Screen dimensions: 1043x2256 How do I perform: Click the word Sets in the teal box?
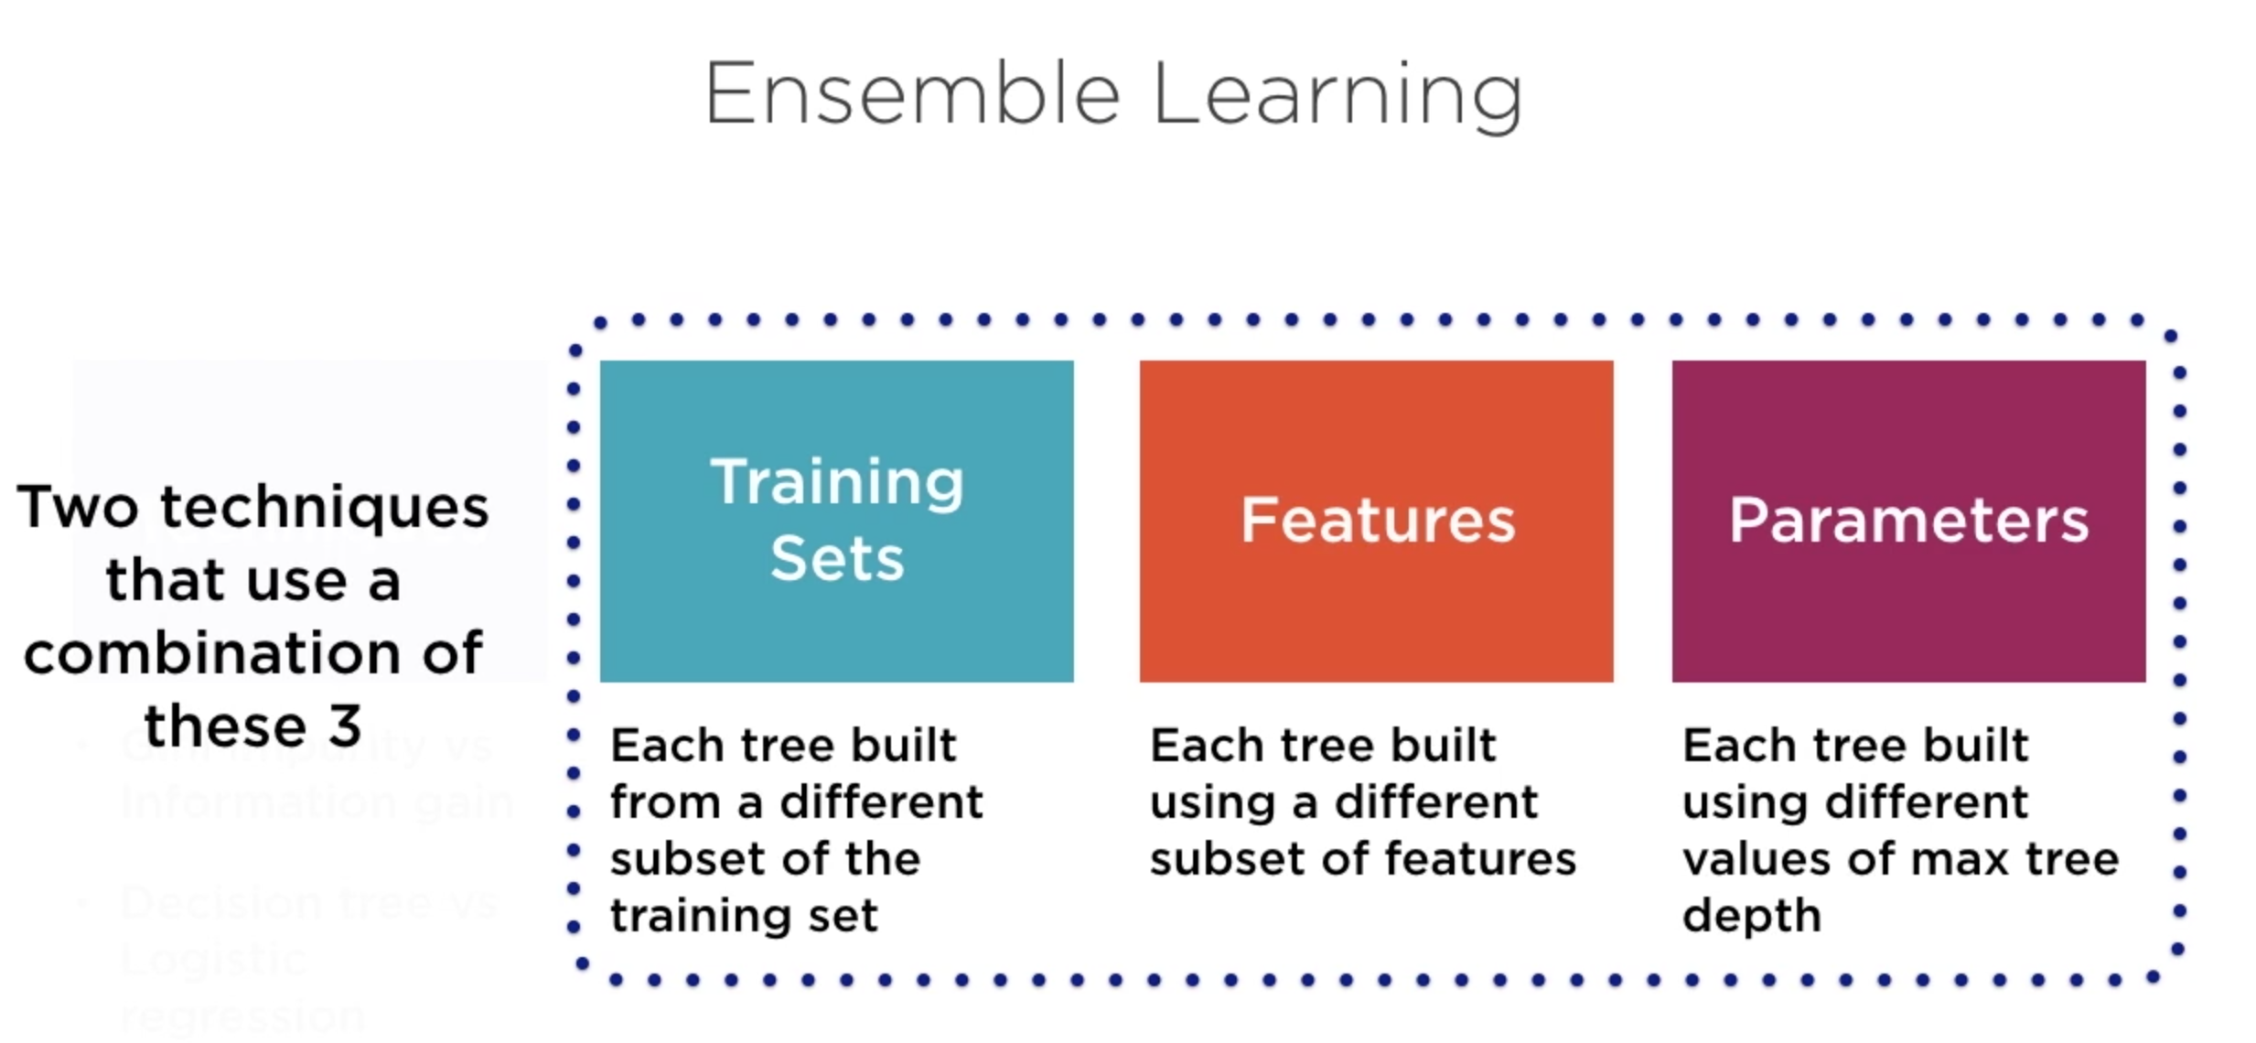pyautogui.click(x=837, y=558)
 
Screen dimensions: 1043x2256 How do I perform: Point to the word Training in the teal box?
pyautogui.click(x=837, y=482)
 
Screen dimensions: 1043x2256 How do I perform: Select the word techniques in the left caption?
pyautogui.click(x=325, y=509)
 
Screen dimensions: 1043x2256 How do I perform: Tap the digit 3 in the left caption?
pyautogui.click(x=345, y=726)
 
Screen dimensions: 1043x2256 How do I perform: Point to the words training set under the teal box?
pyautogui.click(x=744, y=916)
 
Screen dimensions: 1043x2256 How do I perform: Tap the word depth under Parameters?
pyautogui.click(x=1751, y=916)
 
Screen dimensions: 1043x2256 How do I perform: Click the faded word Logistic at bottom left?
pyautogui.click(x=213, y=960)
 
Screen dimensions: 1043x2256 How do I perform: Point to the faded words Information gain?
pyautogui.click(x=316, y=802)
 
